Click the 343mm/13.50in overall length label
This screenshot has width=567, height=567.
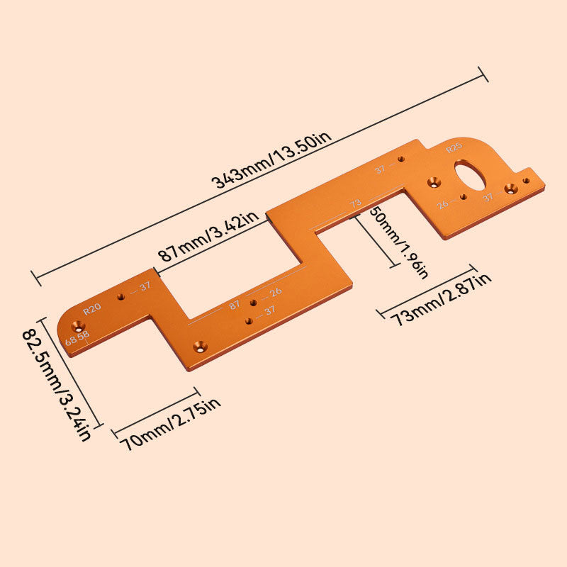pos(272,159)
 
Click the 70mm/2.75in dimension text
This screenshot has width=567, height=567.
pos(171,423)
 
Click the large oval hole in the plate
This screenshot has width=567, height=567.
pos(468,173)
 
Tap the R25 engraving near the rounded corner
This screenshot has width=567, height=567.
pos(454,148)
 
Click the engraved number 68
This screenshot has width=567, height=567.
pos(71,341)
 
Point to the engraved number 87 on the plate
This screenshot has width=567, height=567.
pos(235,305)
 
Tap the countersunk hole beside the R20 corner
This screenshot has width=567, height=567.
pos(74,327)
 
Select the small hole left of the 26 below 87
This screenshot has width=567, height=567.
pos(253,303)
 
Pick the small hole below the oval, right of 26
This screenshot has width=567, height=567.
pos(463,196)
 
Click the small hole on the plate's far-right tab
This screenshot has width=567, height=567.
pos(526,181)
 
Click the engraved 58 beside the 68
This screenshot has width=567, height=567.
pos(84,335)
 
